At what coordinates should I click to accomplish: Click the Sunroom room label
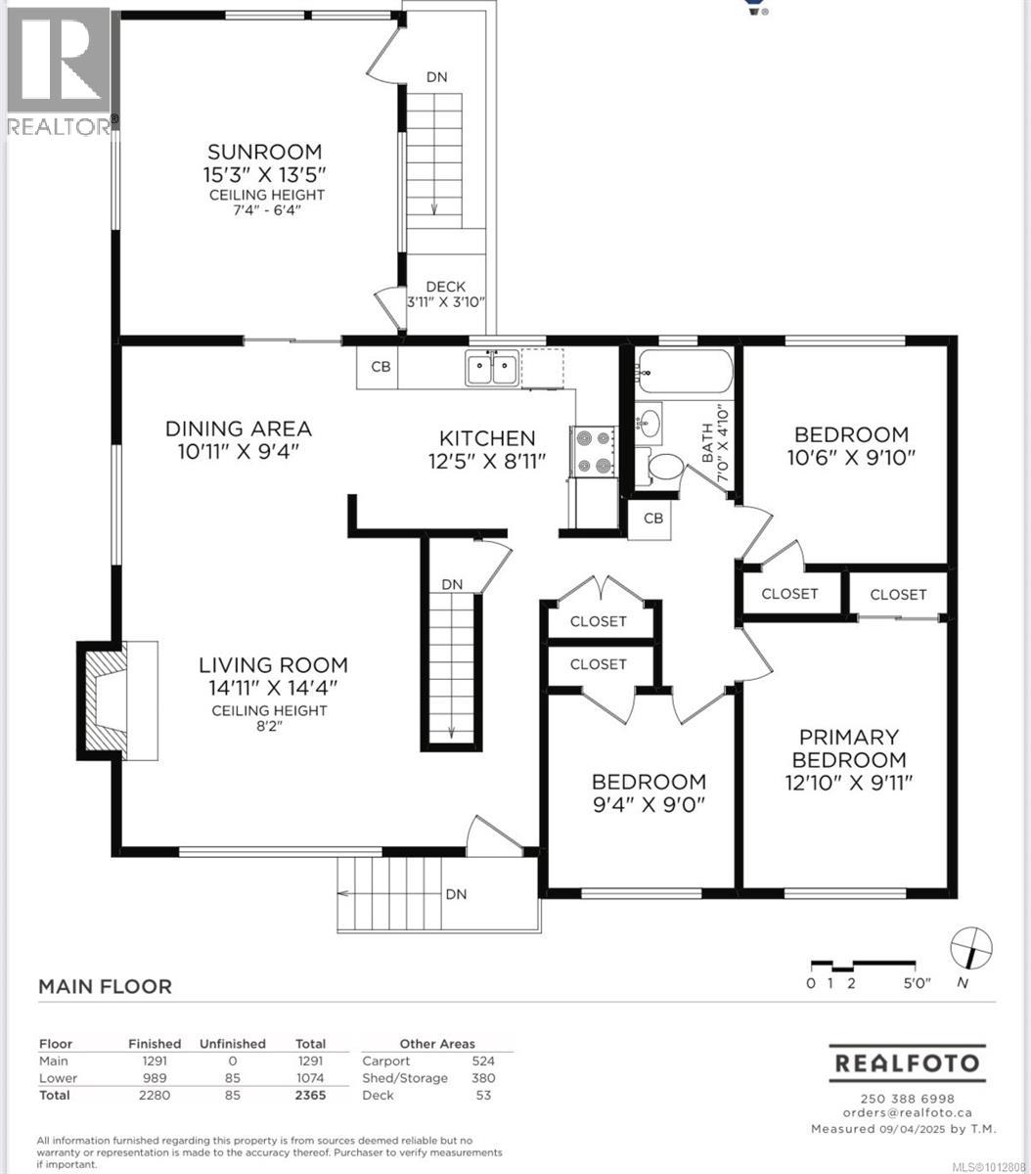pos(264,152)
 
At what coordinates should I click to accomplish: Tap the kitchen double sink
pos(492,369)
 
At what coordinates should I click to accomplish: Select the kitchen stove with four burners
pos(594,452)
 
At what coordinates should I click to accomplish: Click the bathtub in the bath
pos(684,372)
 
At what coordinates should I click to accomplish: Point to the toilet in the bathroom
pos(669,466)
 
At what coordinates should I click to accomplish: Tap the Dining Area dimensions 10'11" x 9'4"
pos(238,451)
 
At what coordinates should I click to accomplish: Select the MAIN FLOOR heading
pos(105,986)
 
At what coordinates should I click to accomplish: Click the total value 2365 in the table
pos(310,1095)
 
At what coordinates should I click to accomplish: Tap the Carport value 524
pos(483,1061)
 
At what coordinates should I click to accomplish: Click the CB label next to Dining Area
pos(381,367)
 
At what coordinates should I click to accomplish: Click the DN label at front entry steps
pos(456,894)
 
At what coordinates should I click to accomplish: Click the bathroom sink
pos(649,423)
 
